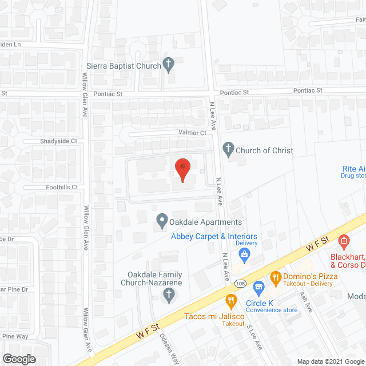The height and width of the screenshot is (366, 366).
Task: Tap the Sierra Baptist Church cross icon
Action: pyautogui.click(x=169, y=65)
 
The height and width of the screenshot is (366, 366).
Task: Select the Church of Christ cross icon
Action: pyautogui.click(x=228, y=150)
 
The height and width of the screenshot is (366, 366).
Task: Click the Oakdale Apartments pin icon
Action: pyautogui.click(x=162, y=220)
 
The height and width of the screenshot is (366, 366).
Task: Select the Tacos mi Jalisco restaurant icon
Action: pyautogui.click(x=231, y=300)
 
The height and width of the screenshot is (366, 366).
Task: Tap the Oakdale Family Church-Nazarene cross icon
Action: pyautogui.click(x=169, y=295)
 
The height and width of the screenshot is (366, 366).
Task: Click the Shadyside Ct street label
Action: pyautogui.click(x=58, y=141)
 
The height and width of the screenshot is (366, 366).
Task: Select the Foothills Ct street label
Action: pyautogui.click(x=62, y=187)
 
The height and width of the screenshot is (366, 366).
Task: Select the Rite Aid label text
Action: pyautogui.click(x=353, y=169)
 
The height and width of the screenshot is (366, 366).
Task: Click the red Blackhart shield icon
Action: pyautogui.click(x=343, y=242)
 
